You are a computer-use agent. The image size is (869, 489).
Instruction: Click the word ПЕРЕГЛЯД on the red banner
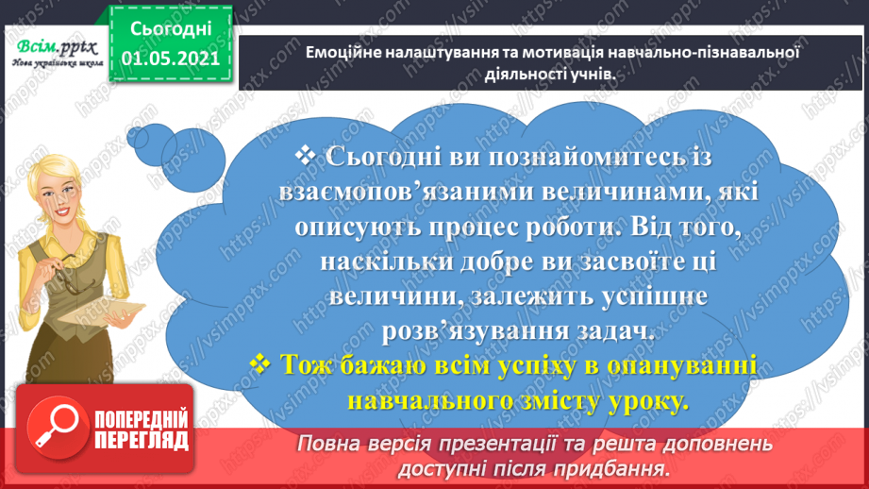(x=140, y=441)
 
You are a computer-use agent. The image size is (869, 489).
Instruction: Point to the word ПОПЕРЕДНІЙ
(x=140, y=419)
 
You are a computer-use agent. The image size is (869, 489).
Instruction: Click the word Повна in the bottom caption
(x=332, y=444)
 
